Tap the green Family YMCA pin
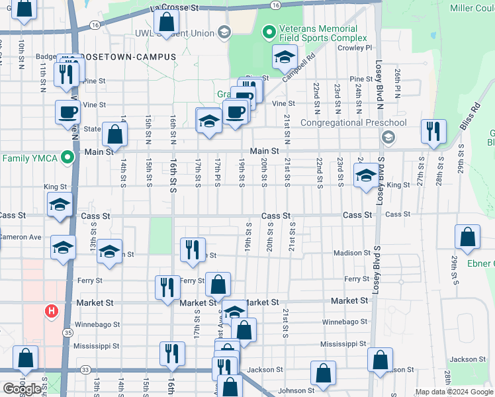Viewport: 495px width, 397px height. [67, 158]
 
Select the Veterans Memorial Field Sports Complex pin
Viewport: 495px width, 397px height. [269, 32]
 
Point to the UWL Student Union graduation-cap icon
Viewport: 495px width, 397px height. [224, 32]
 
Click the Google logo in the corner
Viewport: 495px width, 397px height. [22, 389]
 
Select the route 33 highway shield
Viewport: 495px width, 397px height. [85, 370]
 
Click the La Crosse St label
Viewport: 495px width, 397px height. [174, 7]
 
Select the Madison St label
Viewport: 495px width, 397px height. [352, 253]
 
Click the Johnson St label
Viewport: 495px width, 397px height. [292, 390]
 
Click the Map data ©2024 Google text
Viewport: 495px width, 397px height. [454, 392]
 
